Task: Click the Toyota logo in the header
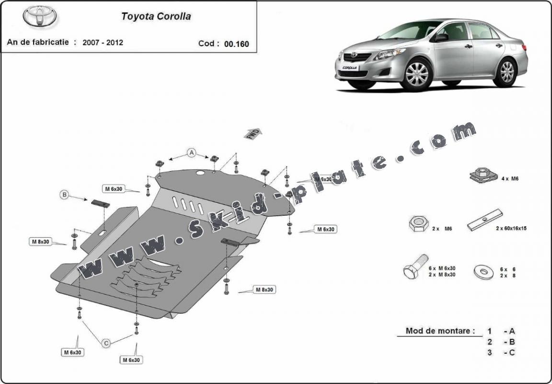pyautogui.click(x=40, y=16)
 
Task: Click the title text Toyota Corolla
pyautogui.click(x=156, y=16)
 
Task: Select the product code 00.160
pyautogui.click(x=237, y=44)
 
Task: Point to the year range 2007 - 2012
pyautogui.click(x=103, y=42)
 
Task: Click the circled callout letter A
pyautogui.click(x=192, y=153)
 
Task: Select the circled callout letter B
pyautogui.click(x=64, y=195)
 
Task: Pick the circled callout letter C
pyautogui.click(x=106, y=342)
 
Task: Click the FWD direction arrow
pyautogui.click(x=253, y=133)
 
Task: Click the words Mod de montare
pyautogui.click(x=440, y=330)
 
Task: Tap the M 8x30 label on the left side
pyautogui.click(x=41, y=242)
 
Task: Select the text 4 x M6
pyautogui.click(x=510, y=178)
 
